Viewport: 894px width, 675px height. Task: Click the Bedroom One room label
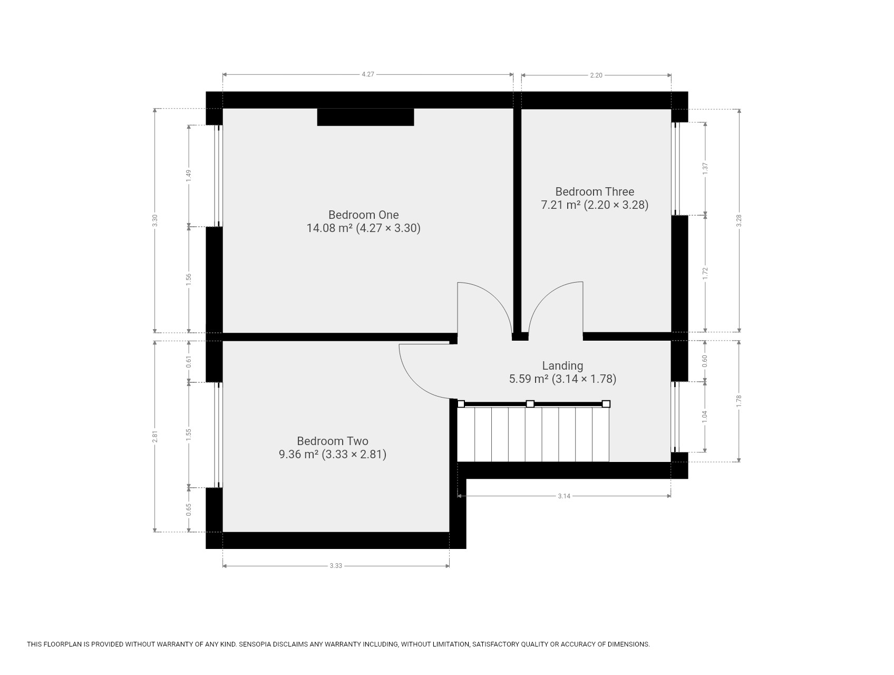[x=363, y=215]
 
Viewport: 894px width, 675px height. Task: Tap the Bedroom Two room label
[x=332, y=441]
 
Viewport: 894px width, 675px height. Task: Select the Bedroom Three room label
[x=595, y=191]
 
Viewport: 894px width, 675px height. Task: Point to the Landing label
[x=562, y=365]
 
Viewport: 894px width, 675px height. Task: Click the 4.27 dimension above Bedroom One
[x=368, y=74]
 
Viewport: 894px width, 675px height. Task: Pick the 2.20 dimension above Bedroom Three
[x=596, y=75]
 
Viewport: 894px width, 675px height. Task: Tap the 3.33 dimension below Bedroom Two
[x=336, y=566]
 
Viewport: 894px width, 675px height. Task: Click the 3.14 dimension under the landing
[x=564, y=496]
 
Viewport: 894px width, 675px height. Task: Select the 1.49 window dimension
[x=188, y=176]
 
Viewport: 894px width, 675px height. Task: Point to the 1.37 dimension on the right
[x=705, y=169]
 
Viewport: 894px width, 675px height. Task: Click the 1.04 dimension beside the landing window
[x=705, y=416]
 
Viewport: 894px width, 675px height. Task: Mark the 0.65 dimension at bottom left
[x=188, y=510]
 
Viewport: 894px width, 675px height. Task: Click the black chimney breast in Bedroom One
[x=365, y=117]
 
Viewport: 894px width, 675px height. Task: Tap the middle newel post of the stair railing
[x=530, y=404]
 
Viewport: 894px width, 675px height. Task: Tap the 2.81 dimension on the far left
[x=155, y=437]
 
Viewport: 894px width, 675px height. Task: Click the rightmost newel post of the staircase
[x=606, y=404]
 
